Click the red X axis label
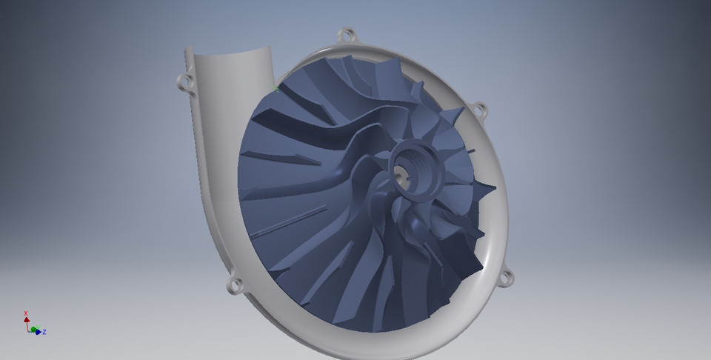tap(26, 313)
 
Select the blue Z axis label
tap(44, 332)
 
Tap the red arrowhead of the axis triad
tap(27, 320)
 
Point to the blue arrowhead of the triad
tap(38, 331)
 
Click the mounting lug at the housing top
tap(345, 35)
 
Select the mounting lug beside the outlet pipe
tap(183, 80)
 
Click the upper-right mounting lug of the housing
tap(479, 110)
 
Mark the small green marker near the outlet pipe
tap(274, 89)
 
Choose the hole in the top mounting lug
tap(345, 34)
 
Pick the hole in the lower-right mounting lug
tap(507, 279)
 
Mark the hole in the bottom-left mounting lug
tap(234, 284)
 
